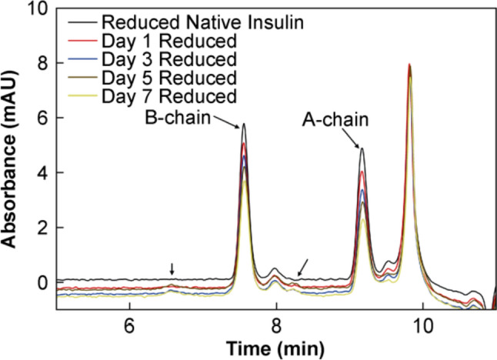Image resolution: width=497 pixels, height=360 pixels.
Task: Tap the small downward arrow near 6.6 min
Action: (x=172, y=268)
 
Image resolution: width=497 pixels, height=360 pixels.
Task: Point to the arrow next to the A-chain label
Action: (x=355, y=140)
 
